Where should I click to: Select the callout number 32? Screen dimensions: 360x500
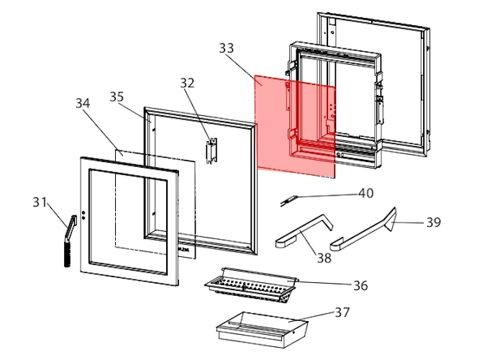click(188, 83)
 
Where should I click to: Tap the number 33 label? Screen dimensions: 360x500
click(227, 48)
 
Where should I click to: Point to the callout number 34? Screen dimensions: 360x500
click(83, 103)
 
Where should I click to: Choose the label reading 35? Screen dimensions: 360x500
click(117, 96)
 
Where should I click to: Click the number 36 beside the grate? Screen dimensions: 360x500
click(360, 286)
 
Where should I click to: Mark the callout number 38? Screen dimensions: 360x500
click(324, 258)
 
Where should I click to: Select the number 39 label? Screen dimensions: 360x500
click(433, 222)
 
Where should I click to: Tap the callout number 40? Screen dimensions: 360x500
click(367, 193)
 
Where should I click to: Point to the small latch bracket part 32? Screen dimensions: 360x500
click(211, 150)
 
